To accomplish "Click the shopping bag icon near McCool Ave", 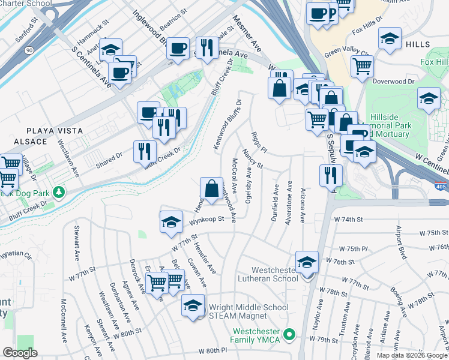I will [211, 188].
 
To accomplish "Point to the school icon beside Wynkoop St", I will [171, 222].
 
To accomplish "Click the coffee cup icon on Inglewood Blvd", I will [178, 48].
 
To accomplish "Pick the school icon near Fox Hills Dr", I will [390, 39].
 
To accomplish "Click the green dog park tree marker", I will [58, 193].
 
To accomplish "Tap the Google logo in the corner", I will [20, 353].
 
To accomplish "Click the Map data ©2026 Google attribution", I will [412, 355].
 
